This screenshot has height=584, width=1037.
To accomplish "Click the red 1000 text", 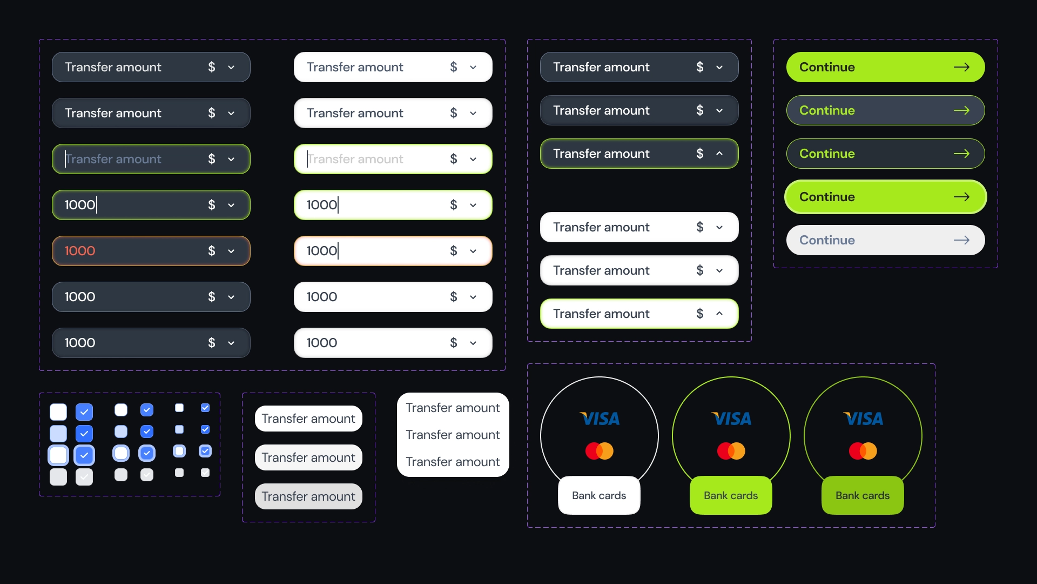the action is click(80, 251).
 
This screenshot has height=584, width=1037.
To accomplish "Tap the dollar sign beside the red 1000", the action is click(212, 251).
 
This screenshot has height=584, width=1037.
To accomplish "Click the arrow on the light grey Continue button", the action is click(961, 240).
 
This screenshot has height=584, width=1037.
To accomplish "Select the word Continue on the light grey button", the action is click(827, 240).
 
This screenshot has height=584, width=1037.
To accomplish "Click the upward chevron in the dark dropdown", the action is click(719, 154).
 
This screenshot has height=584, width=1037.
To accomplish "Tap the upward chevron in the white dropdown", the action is click(719, 314).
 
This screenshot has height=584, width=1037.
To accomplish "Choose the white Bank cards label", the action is click(599, 495).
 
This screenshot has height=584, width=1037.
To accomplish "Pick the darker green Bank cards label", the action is click(863, 495).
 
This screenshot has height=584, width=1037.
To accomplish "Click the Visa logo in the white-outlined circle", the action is click(600, 419).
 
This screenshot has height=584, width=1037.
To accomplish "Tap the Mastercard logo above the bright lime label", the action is click(731, 450).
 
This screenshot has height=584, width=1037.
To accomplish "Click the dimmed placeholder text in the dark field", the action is click(113, 159).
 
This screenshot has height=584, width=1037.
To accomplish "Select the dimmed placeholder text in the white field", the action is click(355, 159).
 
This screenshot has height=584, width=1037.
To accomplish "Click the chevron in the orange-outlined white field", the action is click(473, 251).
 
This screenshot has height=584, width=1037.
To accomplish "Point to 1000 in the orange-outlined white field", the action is click(322, 251).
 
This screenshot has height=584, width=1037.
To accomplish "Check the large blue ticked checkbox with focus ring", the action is click(84, 455).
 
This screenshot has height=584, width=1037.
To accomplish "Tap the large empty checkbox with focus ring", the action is click(58, 455).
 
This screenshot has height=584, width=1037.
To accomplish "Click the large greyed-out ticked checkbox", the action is click(84, 477).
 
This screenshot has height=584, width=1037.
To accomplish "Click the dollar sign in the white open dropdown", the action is click(700, 314).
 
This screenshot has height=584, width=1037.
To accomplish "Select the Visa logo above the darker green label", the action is click(863, 419).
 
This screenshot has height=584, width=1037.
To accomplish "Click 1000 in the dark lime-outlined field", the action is click(80, 205).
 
